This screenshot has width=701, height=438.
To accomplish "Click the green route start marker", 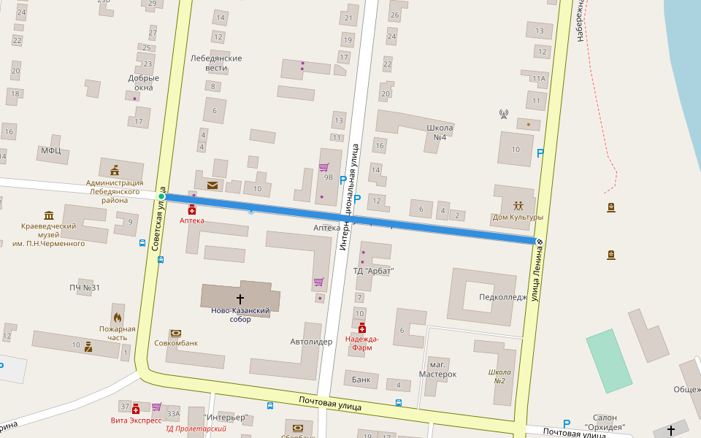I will [x=161, y=197].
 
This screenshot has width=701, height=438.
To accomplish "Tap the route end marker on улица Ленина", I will [x=540, y=242].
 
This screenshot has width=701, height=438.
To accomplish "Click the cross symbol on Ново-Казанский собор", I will [x=240, y=299].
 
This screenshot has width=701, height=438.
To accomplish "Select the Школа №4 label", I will [x=440, y=132].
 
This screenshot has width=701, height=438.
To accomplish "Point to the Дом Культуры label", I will [x=518, y=217].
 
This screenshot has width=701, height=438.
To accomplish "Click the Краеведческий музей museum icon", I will [x=49, y=215].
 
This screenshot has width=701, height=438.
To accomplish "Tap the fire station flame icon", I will [x=117, y=318].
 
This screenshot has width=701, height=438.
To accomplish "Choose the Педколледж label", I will [x=503, y=297].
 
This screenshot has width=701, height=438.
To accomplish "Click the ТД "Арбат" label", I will [x=373, y=271].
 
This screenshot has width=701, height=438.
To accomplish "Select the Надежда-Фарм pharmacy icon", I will [x=362, y=328].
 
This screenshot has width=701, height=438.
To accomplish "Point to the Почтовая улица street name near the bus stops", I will [x=330, y=402].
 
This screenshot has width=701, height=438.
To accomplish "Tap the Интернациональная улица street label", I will [x=348, y=197].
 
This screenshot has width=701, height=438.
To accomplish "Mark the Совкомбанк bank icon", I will [x=175, y=333].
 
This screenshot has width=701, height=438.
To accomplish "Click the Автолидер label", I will [x=311, y=341].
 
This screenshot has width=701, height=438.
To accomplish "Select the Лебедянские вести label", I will [x=215, y=63].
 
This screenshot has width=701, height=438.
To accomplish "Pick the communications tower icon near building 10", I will [x=503, y=114].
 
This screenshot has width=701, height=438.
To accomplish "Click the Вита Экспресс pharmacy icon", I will [x=136, y=409].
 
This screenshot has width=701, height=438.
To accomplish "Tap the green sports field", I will [x=609, y=361].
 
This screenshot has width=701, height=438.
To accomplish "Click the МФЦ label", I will [x=51, y=150].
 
